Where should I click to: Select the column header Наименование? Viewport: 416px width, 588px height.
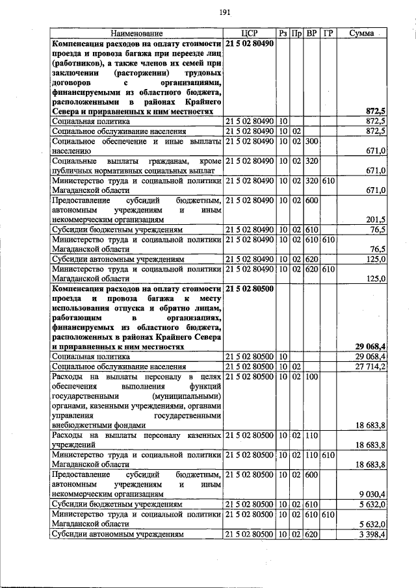click(136, 33)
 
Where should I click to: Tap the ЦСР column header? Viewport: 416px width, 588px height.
click(249, 33)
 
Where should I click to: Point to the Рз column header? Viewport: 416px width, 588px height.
click(283, 33)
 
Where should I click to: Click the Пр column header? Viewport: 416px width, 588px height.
click(296, 33)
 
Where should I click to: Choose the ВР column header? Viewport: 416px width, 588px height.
click(311, 33)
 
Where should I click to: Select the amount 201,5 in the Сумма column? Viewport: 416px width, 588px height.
click(376, 220)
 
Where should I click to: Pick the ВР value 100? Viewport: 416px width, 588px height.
click(311, 377)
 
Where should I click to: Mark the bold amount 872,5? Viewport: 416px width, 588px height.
click(376, 112)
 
